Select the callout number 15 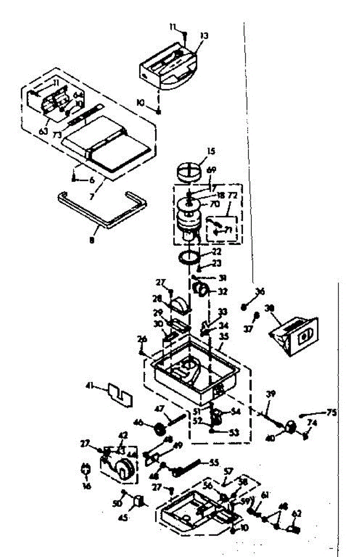coord(211,151)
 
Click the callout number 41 coord(90,385)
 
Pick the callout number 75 coord(330,412)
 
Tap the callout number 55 coord(214,462)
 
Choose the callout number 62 coord(297,513)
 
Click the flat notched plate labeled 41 coord(120,394)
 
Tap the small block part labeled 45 coord(138,502)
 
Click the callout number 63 coord(43,131)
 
